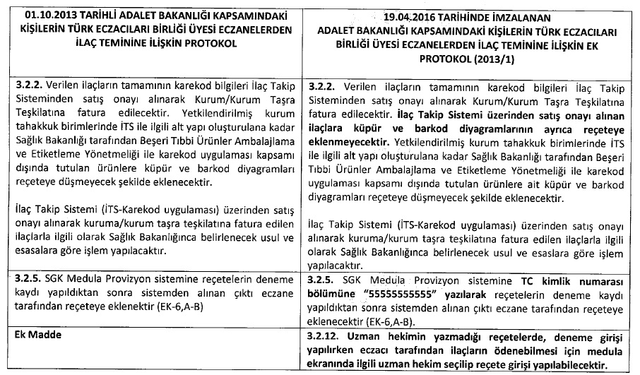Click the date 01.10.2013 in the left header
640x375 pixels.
[54, 14]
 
